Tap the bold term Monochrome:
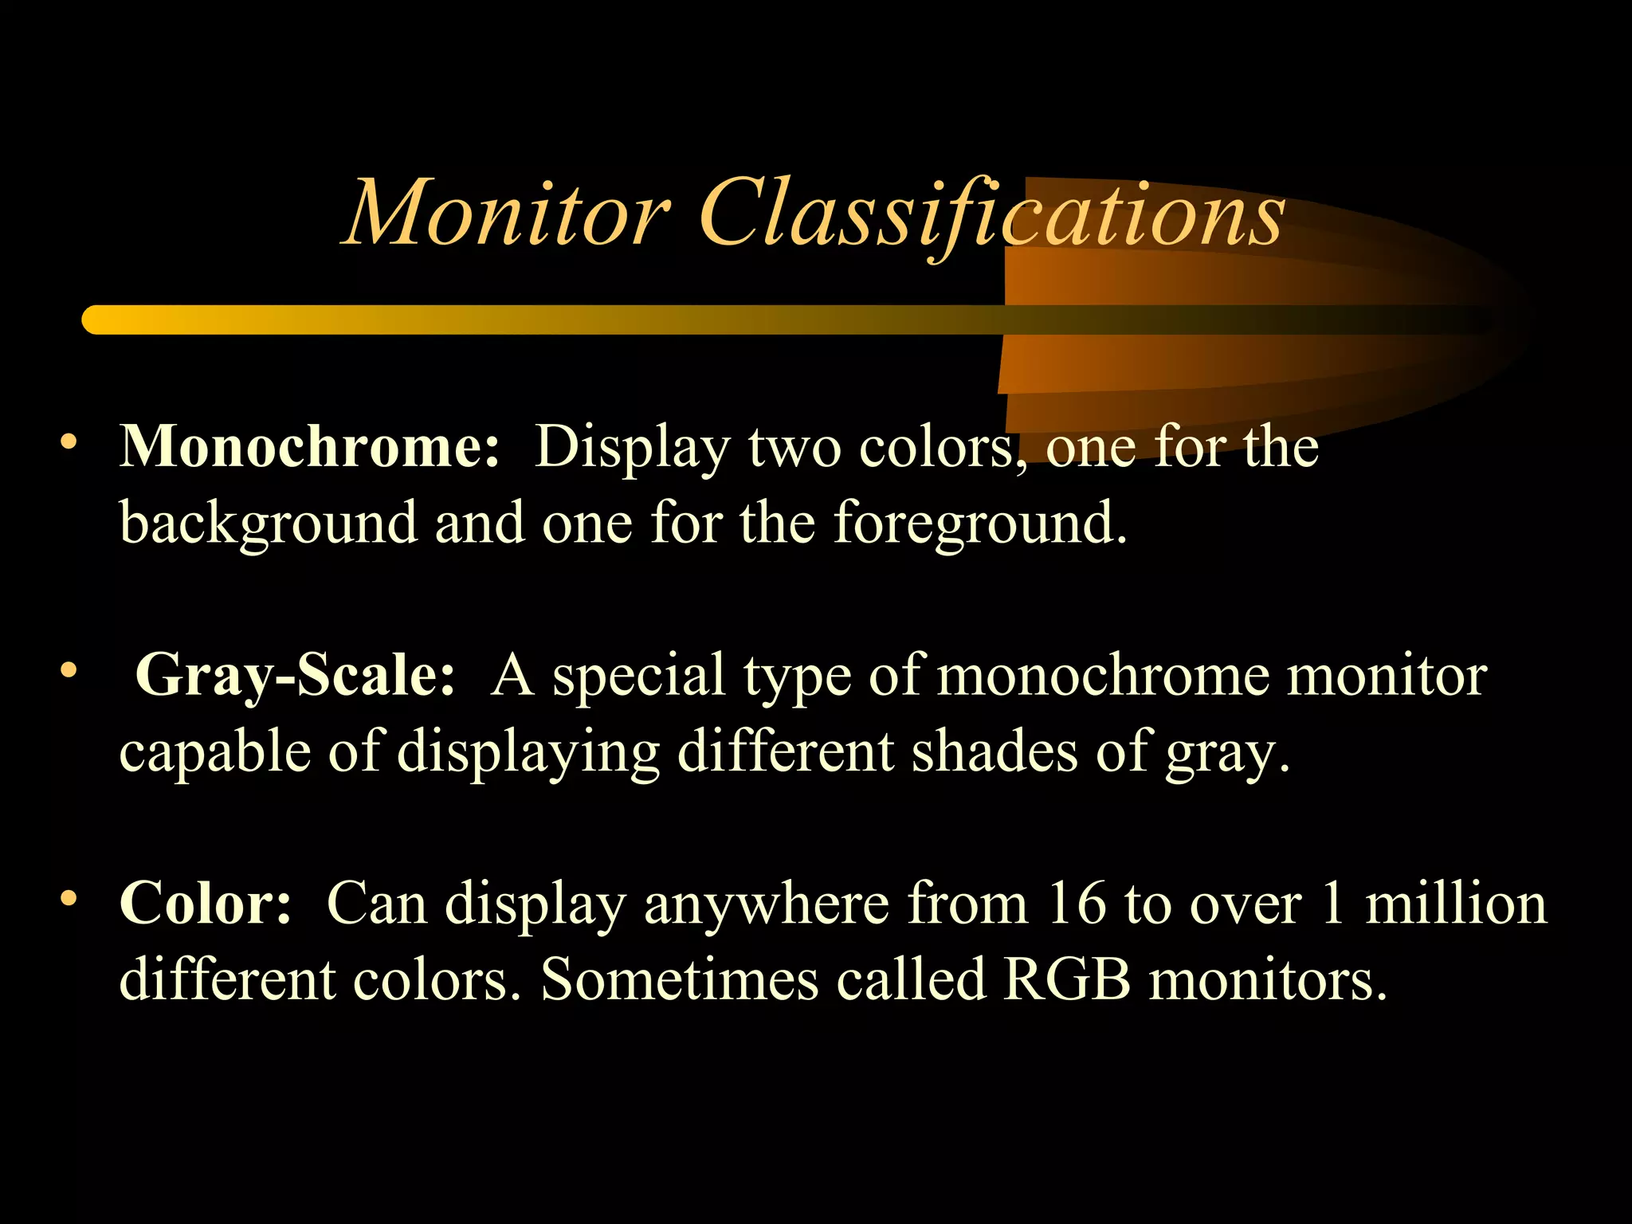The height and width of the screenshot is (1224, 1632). [x=310, y=446]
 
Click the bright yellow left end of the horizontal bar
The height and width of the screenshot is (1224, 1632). [x=100, y=320]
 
